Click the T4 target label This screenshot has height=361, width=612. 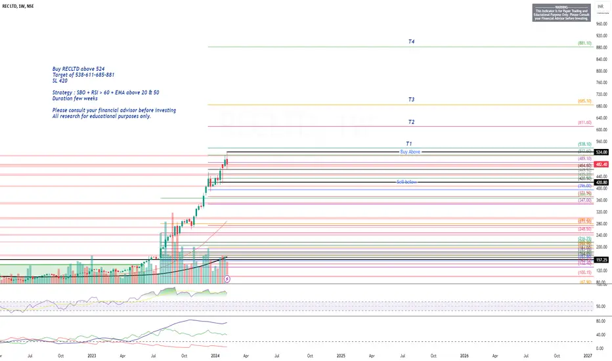411,41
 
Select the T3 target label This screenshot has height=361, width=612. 411,100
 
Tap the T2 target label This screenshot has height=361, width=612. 411,122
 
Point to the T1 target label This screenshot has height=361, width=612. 408,143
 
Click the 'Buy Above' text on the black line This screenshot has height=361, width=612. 409,152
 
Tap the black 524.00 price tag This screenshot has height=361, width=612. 601,152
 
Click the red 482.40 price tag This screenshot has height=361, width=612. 601,164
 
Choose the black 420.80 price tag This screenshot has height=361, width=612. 601,182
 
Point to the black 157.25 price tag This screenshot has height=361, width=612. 601,260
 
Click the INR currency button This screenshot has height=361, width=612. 600,5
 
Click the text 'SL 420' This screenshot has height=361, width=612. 61,81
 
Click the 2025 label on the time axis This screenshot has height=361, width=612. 340,355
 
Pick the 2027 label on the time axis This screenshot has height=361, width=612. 588,355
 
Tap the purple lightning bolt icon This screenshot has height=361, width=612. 227,279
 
